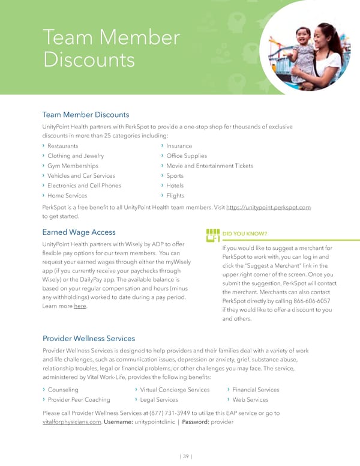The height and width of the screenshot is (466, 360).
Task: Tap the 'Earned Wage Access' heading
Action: coord(79,232)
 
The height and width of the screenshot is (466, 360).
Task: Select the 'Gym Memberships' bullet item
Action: coord(73,166)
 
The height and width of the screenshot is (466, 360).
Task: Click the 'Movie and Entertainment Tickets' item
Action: coord(209,166)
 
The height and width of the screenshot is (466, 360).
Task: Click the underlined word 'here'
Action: coord(80,307)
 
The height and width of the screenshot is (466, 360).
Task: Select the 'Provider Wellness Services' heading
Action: coord(88,338)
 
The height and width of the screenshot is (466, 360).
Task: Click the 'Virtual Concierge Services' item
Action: coord(175,390)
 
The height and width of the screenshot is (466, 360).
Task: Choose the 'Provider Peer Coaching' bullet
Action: coord(79,399)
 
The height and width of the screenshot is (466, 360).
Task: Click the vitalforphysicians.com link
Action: coord(71,422)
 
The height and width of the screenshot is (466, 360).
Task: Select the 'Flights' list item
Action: coord(175,196)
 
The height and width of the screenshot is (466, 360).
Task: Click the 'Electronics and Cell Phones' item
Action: coord(84,186)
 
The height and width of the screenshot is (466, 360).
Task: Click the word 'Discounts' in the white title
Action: coord(89,59)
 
